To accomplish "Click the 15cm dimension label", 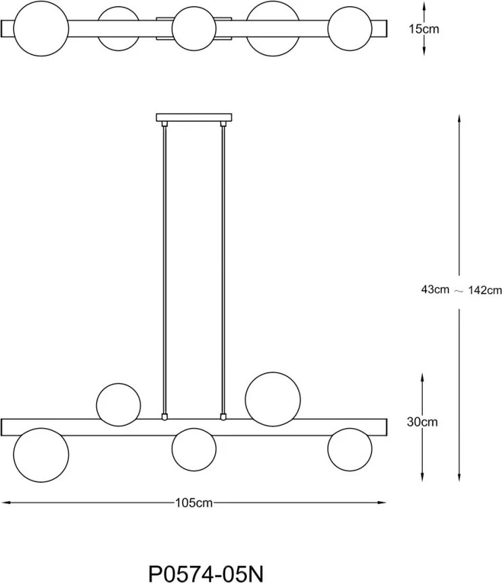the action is tap(424, 28).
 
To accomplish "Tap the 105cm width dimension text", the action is tap(193, 503).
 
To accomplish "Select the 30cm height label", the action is tap(422, 422).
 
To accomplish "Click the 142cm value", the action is tap(485, 290).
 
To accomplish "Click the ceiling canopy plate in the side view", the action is tap(194, 118).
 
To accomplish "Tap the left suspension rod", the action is tap(164, 271).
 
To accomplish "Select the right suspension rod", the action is tap(223, 271).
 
